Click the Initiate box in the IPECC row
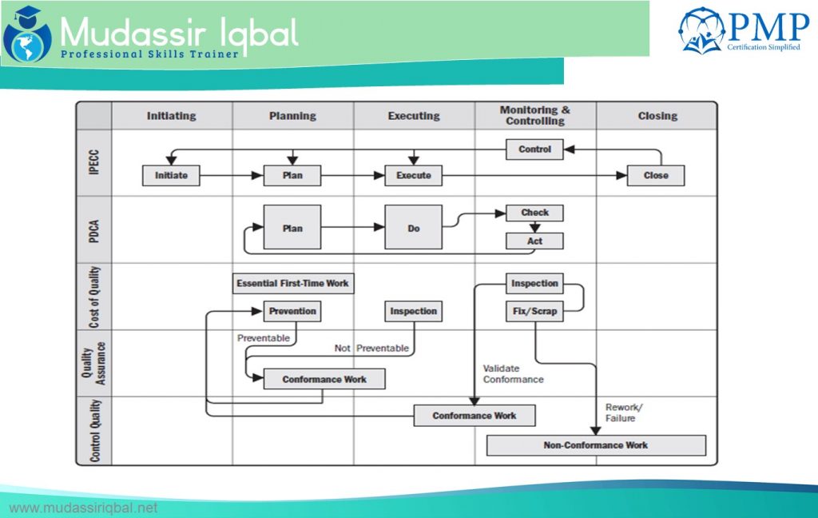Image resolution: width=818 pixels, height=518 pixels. click(171, 175)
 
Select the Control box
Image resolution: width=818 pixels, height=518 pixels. click(534, 149)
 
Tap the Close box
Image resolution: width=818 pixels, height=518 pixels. click(655, 175)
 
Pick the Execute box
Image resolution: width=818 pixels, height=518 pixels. click(413, 175)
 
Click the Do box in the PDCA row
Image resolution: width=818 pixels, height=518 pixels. click(413, 228)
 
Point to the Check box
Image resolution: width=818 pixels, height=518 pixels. click(534, 213)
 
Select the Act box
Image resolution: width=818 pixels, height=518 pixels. click(534, 241)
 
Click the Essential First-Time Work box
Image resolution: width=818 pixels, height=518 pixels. click(292, 283)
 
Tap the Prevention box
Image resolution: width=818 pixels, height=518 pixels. click(292, 311)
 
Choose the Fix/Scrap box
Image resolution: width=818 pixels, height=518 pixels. click(534, 311)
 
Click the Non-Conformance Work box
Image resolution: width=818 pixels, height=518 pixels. click(596, 445)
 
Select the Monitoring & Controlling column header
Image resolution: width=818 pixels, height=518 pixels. click(534, 116)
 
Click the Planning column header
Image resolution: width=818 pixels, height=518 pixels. click(292, 116)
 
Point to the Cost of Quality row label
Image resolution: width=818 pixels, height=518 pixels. click(94, 297)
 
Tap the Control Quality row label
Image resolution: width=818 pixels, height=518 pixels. click(94, 430)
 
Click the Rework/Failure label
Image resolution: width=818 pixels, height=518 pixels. click(623, 412)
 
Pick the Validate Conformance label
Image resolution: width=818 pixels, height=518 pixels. click(513, 374)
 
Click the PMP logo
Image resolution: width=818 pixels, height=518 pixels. click(744, 30)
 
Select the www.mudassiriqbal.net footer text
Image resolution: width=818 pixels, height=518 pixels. click(83, 508)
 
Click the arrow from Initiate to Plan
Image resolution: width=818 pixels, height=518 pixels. click(232, 175)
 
